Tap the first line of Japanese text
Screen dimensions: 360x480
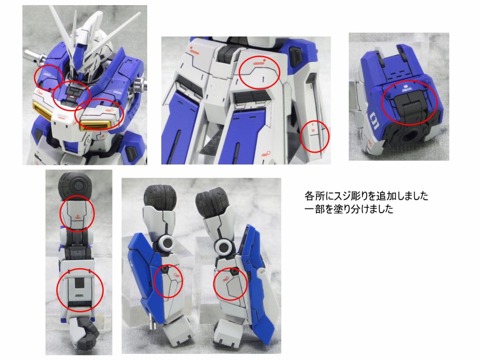coord(366,195)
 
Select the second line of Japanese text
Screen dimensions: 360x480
coord(348,209)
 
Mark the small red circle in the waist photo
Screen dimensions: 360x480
coord(314,136)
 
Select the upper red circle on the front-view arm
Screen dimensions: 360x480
coord(77,213)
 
